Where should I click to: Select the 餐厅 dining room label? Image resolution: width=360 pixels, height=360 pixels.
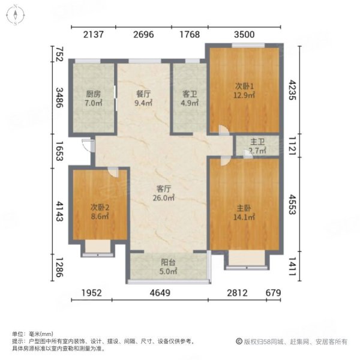(142, 94)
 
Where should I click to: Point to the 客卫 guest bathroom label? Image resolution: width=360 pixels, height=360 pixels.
(189, 94)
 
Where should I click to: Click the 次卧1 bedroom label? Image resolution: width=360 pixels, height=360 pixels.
(244, 85)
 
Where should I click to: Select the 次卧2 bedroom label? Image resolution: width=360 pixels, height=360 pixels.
(99, 208)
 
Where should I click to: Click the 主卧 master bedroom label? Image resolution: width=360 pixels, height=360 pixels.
(244, 208)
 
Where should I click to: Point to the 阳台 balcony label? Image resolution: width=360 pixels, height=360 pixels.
(168, 262)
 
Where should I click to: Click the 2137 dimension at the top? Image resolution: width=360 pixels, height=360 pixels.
(94, 34)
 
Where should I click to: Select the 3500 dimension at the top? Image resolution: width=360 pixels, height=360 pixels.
(245, 34)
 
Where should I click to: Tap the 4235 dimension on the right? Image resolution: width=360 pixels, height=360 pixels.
(292, 91)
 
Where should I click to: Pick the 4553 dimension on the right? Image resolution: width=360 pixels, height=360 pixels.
(292, 205)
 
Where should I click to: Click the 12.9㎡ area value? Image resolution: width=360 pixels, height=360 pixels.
(244, 95)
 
